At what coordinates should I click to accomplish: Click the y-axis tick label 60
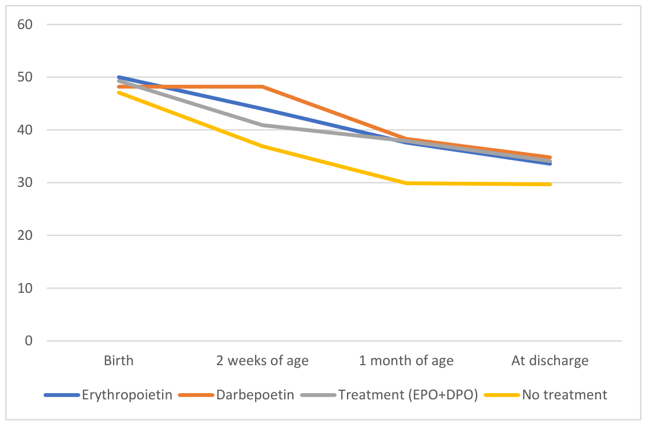point(25,24)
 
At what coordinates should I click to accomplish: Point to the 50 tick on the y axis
point(25,77)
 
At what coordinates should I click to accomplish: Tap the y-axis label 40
point(25,130)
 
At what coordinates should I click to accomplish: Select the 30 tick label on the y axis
point(25,183)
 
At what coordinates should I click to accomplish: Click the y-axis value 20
point(25,235)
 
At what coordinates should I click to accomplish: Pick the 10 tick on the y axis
point(25,288)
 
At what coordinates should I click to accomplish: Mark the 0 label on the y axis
point(29,341)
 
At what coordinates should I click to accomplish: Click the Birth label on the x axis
point(119,361)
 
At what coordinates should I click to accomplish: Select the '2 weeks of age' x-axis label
point(263,361)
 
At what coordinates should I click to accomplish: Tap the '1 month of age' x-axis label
point(406,361)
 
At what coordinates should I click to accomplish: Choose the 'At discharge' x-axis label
point(550,361)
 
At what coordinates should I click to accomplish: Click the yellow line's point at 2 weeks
point(263,146)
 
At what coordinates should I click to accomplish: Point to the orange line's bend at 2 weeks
point(263,87)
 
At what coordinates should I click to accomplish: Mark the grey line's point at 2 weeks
point(263,125)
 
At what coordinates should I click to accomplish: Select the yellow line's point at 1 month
point(406,183)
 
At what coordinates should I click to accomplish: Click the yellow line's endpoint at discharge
point(550,185)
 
